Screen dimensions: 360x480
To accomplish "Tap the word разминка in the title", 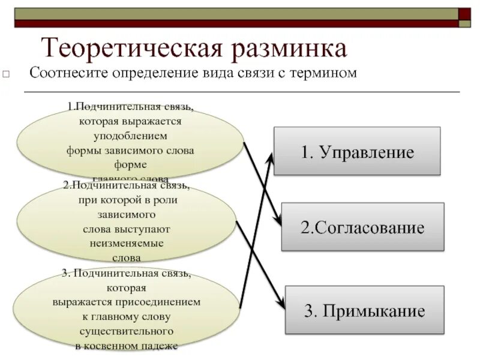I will coord(287,49).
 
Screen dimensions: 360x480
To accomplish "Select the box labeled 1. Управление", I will coord(357,151).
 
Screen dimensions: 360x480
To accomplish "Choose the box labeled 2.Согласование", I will coord(362,227).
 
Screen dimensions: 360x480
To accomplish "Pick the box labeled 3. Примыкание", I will coord(365,311).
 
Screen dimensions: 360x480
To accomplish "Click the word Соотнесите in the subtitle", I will coord(64,73).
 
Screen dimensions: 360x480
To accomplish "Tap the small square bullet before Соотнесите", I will coord(6,75).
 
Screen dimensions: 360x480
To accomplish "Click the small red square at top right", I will coord(464,13).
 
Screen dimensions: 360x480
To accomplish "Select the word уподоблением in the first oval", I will coord(130,136).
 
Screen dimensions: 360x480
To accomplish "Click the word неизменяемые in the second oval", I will coord(127,244).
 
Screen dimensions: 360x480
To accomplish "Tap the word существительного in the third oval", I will coord(127,331).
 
